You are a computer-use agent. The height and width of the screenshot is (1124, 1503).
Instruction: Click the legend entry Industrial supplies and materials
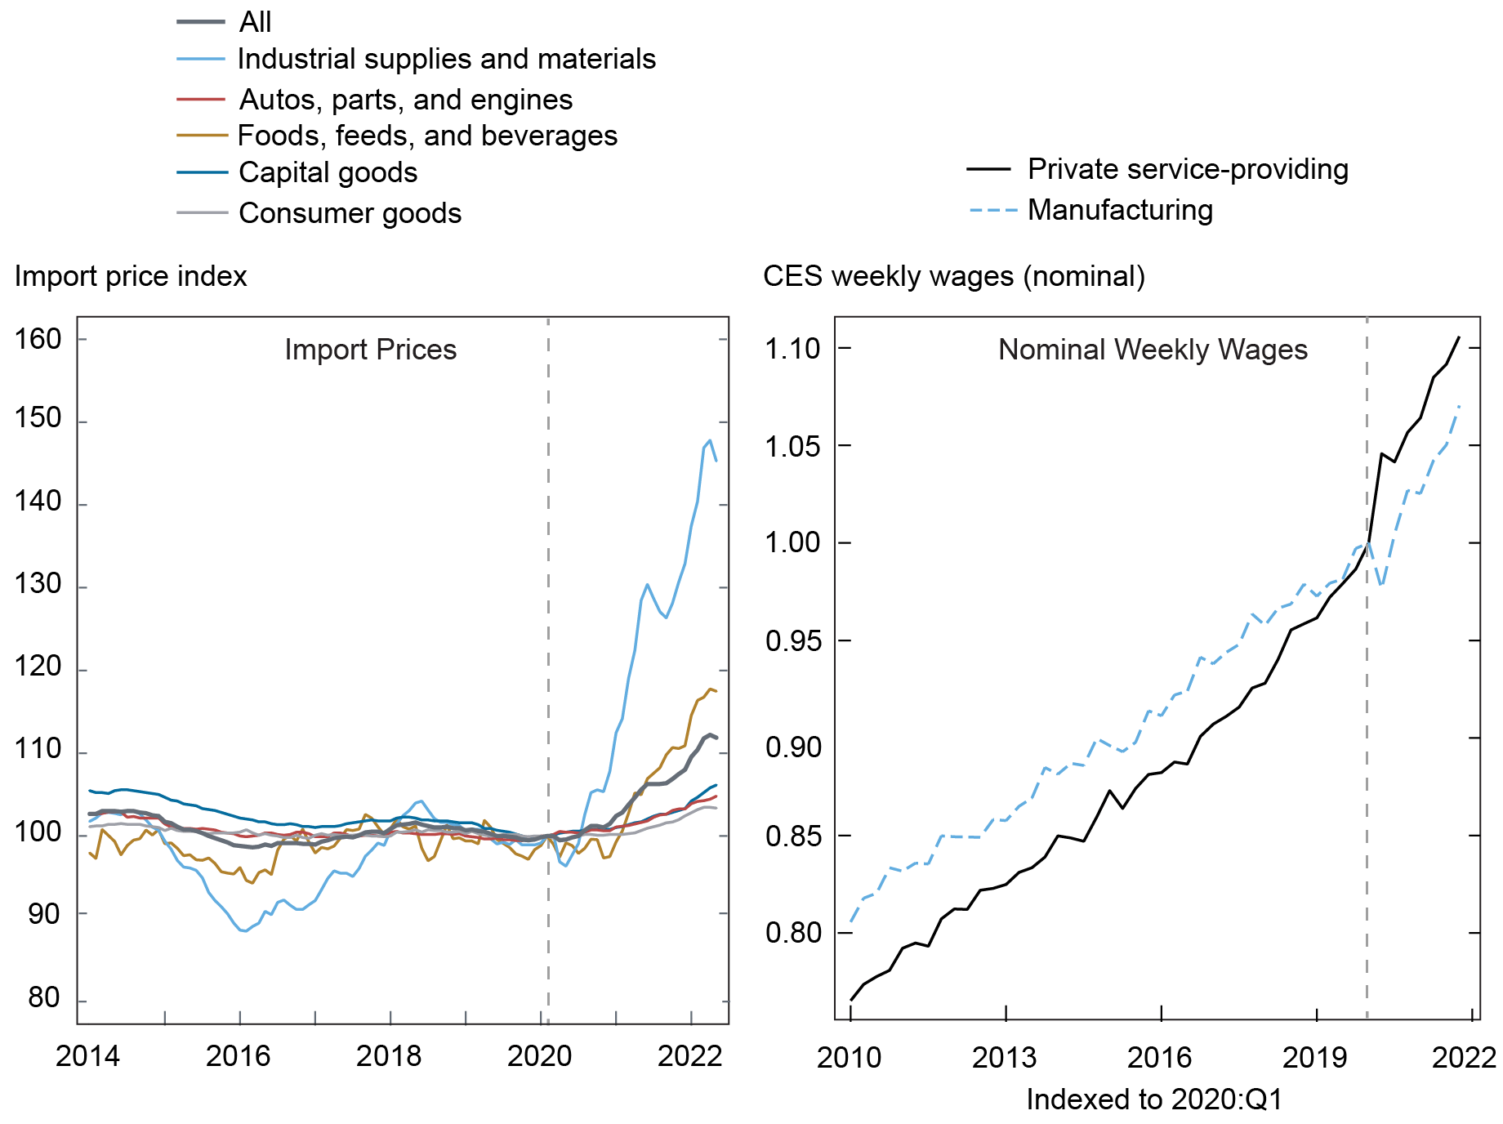click(x=446, y=59)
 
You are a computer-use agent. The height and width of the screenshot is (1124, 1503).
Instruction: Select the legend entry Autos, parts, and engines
click(x=405, y=100)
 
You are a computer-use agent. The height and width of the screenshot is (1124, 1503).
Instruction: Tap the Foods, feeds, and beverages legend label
click(x=427, y=136)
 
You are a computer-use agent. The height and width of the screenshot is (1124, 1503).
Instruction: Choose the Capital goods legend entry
click(x=328, y=172)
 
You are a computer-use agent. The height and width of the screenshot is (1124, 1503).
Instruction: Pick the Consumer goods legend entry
click(x=350, y=213)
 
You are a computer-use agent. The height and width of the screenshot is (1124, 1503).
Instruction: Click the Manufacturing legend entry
click(x=1120, y=210)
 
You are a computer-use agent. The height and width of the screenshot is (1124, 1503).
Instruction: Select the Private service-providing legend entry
click(x=1187, y=169)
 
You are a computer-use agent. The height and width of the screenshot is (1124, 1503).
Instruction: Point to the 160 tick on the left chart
click(x=38, y=339)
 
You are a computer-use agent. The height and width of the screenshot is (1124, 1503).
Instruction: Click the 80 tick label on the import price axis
click(x=43, y=997)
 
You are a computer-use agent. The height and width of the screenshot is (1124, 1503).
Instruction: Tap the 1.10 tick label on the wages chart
click(x=792, y=349)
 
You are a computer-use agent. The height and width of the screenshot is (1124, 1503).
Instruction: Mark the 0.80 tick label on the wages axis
click(x=792, y=933)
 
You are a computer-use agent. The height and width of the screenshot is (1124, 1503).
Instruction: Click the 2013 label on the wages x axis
click(x=1004, y=1058)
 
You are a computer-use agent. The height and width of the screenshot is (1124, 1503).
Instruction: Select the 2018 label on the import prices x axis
click(x=390, y=1056)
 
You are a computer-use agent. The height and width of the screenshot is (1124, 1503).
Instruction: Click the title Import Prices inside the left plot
click(x=370, y=350)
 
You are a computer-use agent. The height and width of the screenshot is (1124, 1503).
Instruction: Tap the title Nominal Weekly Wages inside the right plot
click(x=1153, y=350)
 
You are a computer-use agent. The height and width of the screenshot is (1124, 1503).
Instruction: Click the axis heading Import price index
click(x=131, y=276)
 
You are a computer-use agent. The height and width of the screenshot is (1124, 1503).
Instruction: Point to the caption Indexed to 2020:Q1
click(x=1154, y=1099)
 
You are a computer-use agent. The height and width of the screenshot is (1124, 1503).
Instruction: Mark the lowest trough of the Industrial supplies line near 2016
click(x=243, y=930)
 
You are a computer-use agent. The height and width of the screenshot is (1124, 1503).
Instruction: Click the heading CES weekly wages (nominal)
click(x=953, y=276)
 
